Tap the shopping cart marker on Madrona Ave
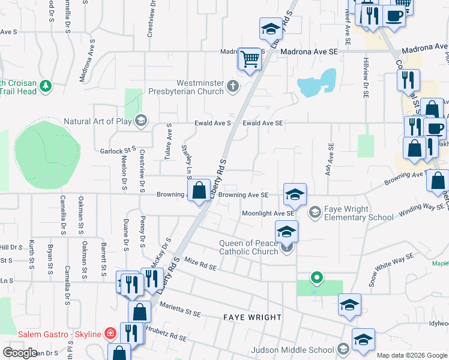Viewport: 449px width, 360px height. point(250,59)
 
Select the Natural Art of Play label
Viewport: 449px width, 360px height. point(98,121)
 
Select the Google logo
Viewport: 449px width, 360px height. point(20,353)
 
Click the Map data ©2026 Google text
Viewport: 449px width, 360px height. point(412,355)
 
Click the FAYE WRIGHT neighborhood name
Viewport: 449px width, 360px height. point(252,317)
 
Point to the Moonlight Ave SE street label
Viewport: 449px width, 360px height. point(268,213)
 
